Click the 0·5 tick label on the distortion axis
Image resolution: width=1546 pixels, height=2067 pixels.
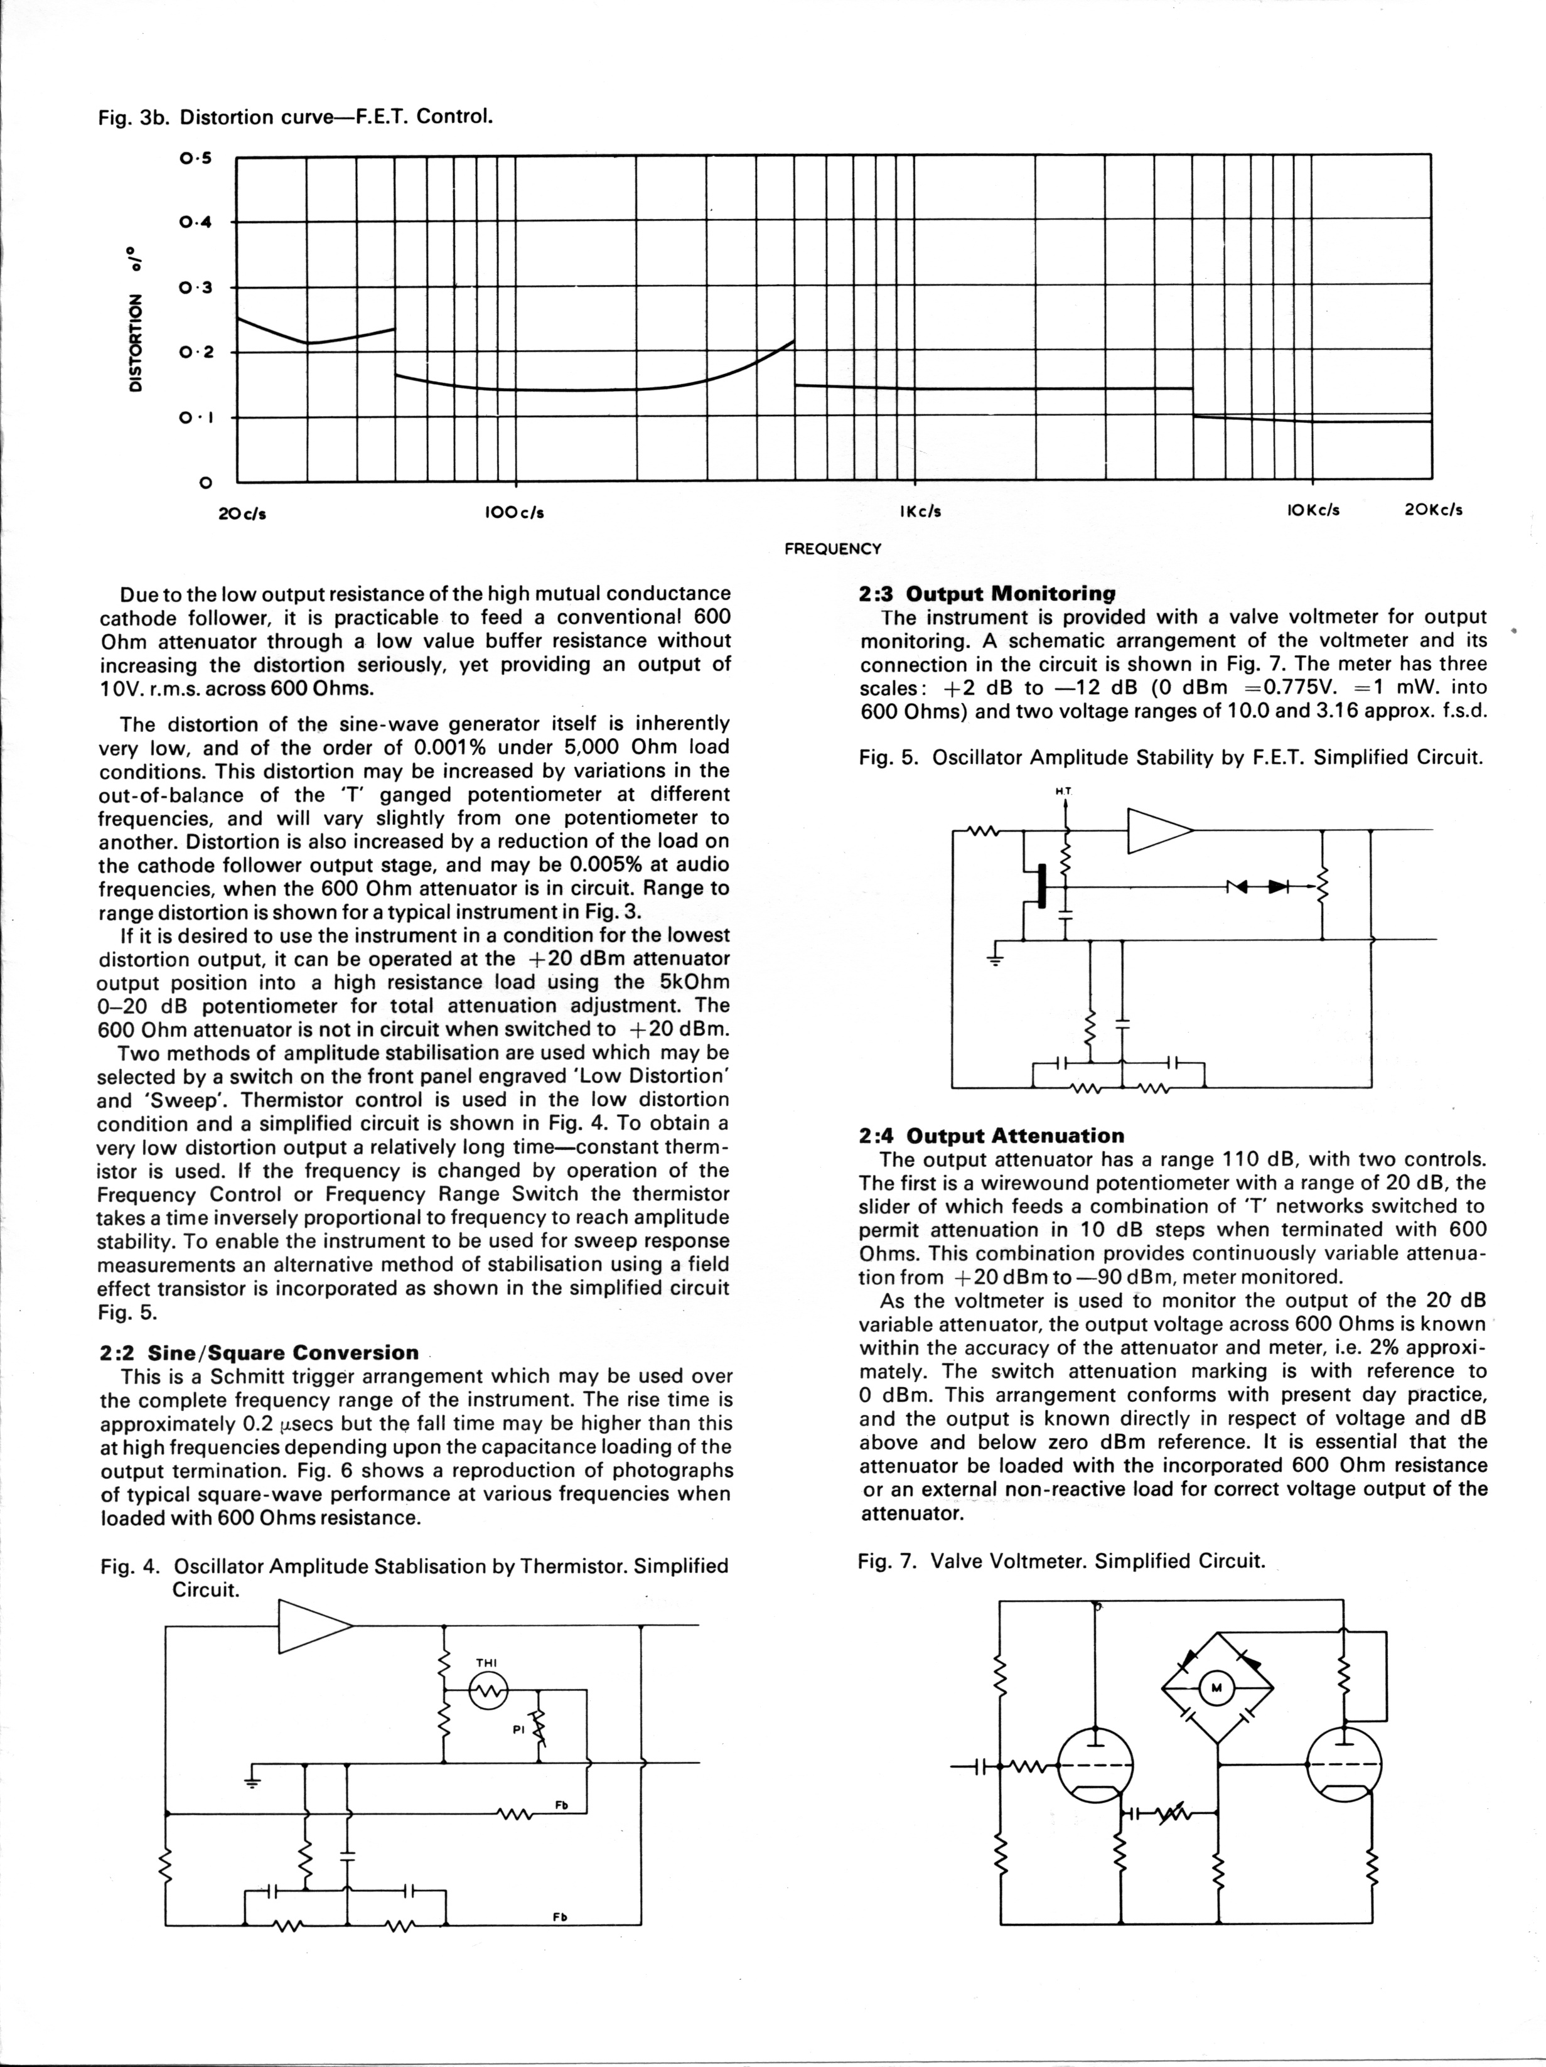tap(196, 158)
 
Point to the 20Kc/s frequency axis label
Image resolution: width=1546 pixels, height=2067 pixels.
tap(1433, 510)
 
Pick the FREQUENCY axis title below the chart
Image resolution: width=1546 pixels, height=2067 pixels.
tap(832, 549)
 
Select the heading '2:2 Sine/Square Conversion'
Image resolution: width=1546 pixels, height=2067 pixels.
tap(259, 1352)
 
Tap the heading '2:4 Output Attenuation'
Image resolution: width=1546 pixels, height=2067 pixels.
tap(990, 1136)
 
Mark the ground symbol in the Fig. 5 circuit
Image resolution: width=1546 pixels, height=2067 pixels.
tap(994, 958)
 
